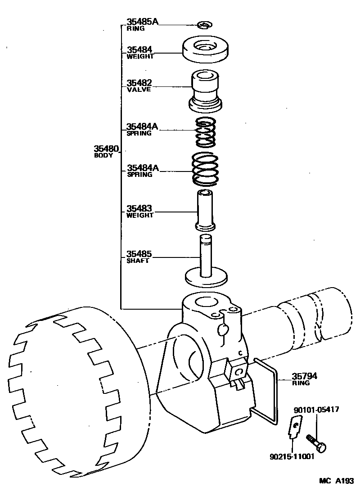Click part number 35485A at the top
click(x=142, y=21)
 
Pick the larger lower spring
click(x=205, y=170)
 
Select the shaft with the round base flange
click(x=206, y=266)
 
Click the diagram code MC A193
click(x=336, y=481)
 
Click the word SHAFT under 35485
click(x=137, y=261)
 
